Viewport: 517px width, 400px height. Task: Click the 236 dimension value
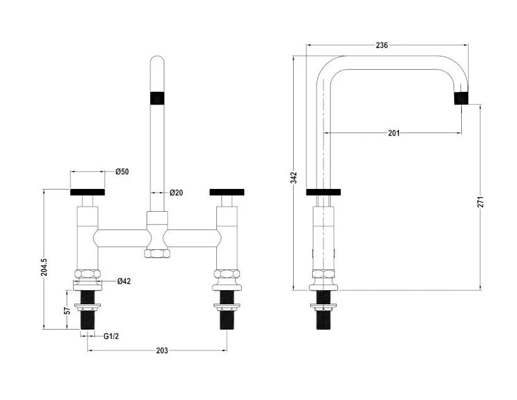point(381,45)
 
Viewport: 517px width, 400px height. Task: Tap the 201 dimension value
point(394,132)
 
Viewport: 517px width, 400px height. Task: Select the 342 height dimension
point(294,177)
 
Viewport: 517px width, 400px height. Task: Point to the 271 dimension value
point(480,202)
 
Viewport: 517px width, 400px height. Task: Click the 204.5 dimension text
point(44,267)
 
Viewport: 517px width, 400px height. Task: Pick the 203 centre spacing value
point(162,351)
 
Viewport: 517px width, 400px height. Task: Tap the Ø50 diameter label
point(122,172)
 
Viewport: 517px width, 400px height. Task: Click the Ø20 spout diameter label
point(176,193)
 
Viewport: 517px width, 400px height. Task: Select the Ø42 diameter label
point(124,281)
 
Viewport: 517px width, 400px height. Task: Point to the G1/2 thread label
point(111,336)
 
